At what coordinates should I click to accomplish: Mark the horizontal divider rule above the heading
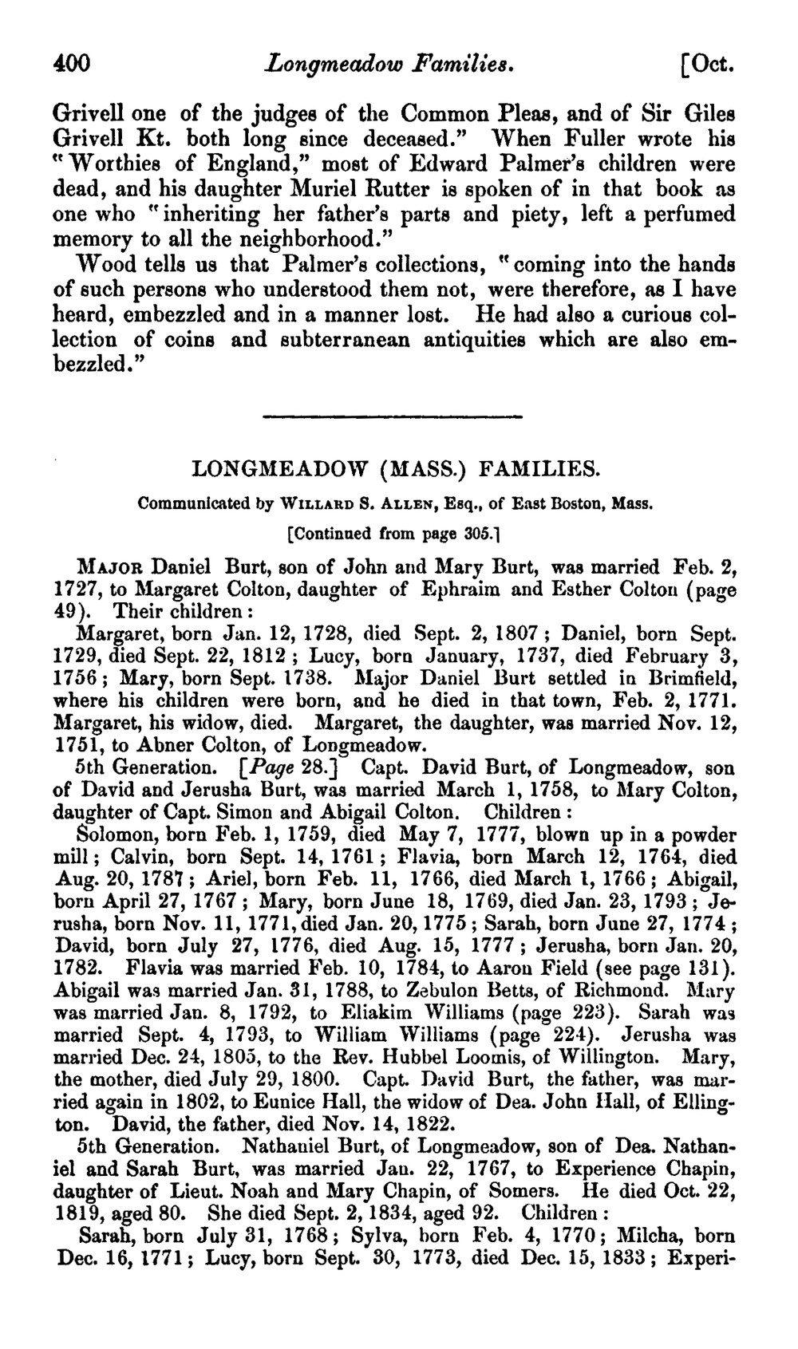[x=391, y=416]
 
